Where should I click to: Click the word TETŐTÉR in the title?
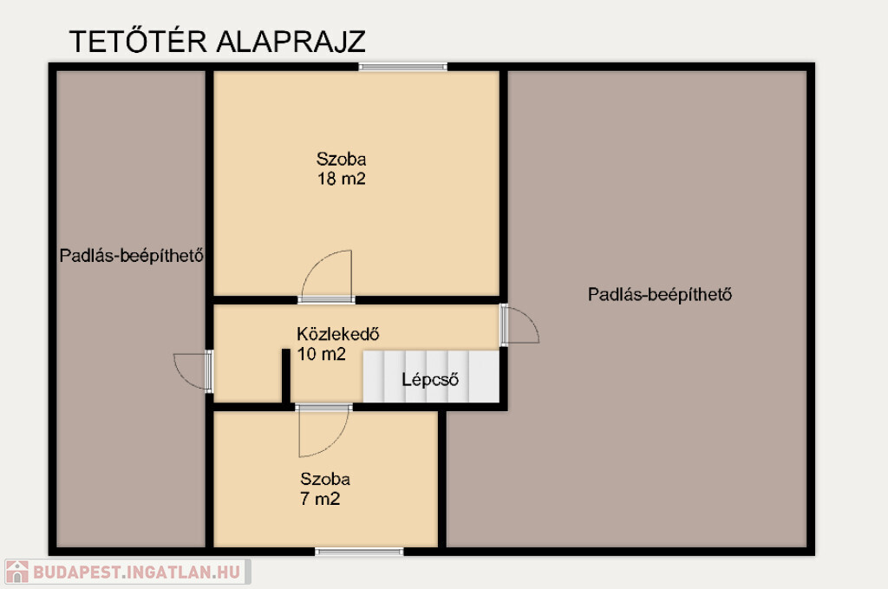click(138, 41)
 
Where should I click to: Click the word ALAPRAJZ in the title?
click(291, 42)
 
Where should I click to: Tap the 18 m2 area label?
click(342, 179)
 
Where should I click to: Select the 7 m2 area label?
click(320, 499)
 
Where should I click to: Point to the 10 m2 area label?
click(321, 354)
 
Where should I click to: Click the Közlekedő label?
click(338, 334)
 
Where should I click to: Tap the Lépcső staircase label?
click(430, 379)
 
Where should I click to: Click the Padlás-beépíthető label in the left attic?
click(132, 256)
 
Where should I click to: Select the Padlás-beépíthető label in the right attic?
click(660, 295)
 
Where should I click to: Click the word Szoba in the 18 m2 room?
click(342, 159)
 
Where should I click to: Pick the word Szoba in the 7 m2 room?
click(325, 479)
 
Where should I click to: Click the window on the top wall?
click(402, 67)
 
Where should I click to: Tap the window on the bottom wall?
click(360, 552)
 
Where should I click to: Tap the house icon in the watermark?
click(17, 572)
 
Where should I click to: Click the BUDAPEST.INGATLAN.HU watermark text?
click(136, 572)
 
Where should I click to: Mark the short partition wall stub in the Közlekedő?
click(286, 376)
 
